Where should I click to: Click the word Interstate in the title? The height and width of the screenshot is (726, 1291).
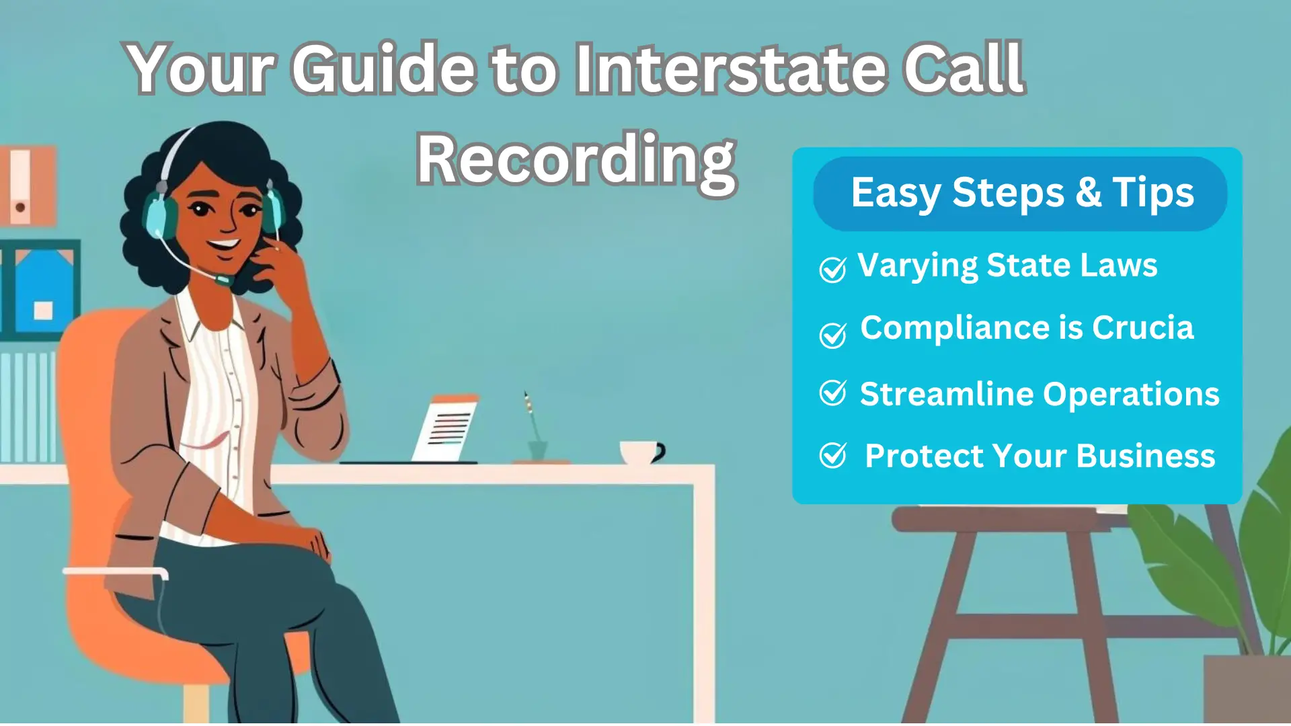(730, 68)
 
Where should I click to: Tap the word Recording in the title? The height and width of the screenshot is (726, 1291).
(576, 161)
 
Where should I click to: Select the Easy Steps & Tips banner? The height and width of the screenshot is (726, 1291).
(1020, 194)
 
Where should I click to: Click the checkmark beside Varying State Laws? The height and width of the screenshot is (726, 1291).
(832, 270)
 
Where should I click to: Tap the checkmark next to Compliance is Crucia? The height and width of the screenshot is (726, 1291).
(832, 335)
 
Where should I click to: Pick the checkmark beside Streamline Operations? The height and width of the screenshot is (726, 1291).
(832, 393)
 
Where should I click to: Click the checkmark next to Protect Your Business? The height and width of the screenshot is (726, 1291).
(832, 456)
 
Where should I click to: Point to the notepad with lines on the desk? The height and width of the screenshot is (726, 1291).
(444, 429)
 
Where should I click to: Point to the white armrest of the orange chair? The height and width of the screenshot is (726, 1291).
(115, 573)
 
